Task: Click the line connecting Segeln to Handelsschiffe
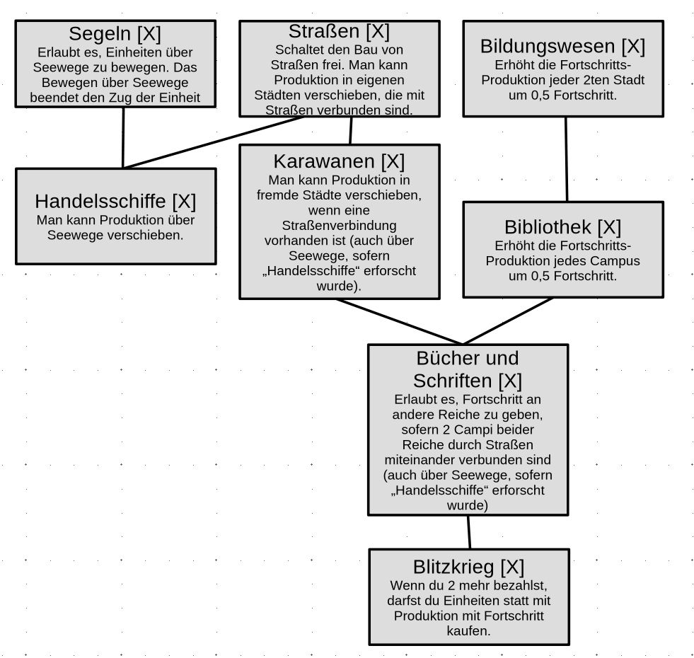point(124,138)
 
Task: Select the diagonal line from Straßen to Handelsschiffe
point(212,142)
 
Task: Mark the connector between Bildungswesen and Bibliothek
point(566,159)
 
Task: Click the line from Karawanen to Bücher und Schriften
point(400,322)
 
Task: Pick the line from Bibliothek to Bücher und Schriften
point(508,321)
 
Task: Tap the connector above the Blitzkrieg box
point(468,532)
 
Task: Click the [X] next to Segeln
point(149,33)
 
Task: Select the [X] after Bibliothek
point(609,227)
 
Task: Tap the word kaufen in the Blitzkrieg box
point(468,630)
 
